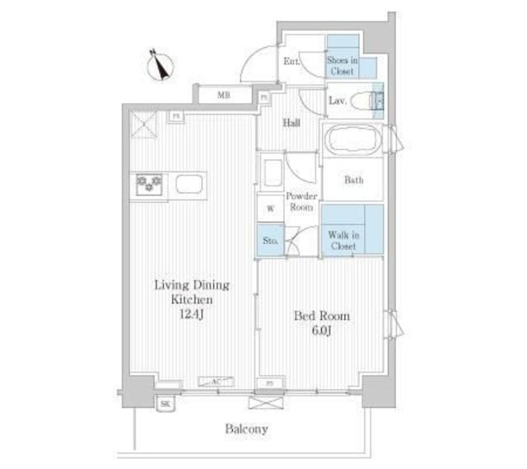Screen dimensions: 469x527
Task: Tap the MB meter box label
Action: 223,96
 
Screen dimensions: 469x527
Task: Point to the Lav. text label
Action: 337,101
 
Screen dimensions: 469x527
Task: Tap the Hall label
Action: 291,124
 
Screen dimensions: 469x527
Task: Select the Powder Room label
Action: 301,202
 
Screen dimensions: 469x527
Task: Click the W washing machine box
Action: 269,209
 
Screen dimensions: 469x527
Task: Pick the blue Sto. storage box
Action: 269,241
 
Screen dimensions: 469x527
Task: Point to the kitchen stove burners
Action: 149,183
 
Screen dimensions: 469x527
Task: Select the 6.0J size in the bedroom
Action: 322,330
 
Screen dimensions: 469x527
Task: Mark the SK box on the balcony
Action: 166,404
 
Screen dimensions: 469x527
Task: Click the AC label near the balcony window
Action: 216,382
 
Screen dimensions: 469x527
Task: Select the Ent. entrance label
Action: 292,63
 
